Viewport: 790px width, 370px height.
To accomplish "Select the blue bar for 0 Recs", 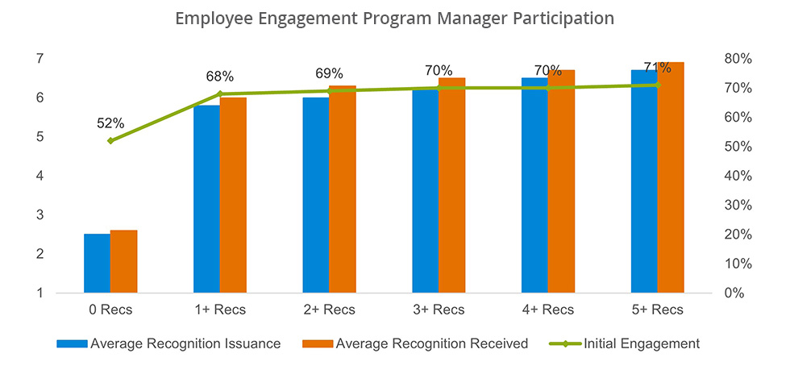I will (x=97, y=264).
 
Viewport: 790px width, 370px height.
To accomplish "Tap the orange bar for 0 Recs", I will (x=123, y=261).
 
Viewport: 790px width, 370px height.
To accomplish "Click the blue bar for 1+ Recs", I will (x=206, y=199).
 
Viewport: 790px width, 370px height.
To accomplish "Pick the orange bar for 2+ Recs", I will (x=343, y=189).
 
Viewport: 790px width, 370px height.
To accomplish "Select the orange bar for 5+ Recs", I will (x=671, y=177).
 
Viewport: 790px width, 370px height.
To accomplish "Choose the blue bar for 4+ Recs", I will (x=534, y=185).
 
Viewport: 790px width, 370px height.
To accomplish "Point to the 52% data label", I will (x=110, y=123).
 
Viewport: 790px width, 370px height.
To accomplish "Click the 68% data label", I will (x=219, y=77).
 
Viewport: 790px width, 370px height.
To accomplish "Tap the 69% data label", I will (x=329, y=73).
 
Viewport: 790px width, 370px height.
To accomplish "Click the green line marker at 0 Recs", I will (x=110, y=141).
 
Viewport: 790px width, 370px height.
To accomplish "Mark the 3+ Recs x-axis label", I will (x=439, y=310).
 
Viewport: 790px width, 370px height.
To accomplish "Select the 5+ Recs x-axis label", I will (x=657, y=310).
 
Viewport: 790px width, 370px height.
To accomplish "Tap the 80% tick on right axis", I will (x=737, y=59).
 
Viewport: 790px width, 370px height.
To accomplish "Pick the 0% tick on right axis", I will (x=734, y=293).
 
